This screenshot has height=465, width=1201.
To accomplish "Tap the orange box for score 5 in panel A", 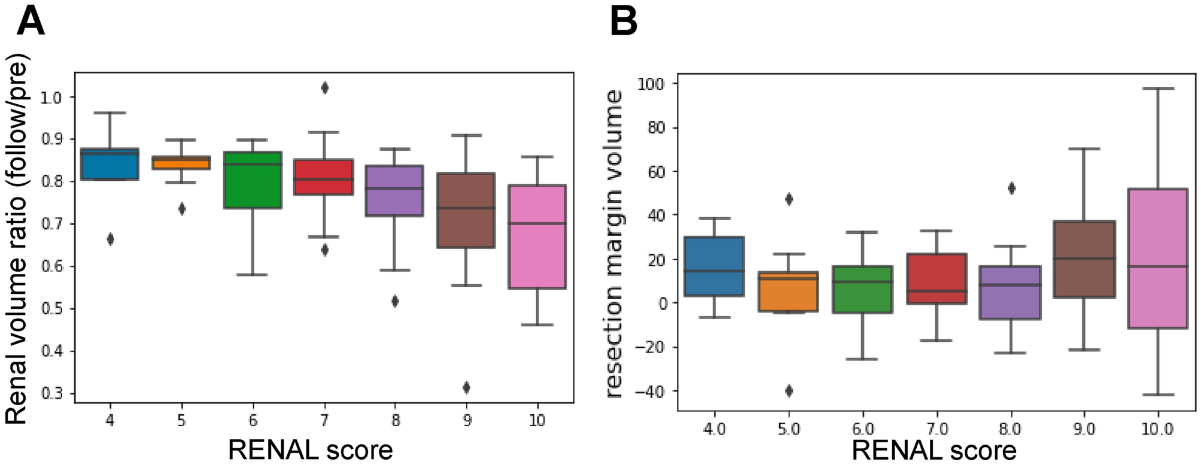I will [x=181, y=163].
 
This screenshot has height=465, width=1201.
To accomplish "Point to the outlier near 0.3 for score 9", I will [x=467, y=387].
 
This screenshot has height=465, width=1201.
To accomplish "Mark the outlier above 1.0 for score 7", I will [x=324, y=88].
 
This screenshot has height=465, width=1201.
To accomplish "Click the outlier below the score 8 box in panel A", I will [x=395, y=301].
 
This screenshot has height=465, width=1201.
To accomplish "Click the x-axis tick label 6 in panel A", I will [x=253, y=421].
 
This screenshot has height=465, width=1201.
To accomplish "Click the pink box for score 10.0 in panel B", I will [x=1157, y=259].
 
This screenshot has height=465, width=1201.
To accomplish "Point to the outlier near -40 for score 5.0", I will [x=789, y=391].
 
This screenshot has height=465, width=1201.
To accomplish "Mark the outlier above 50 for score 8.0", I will [x=1011, y=189].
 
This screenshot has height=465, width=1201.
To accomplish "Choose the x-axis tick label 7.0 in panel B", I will [x=937, y=429].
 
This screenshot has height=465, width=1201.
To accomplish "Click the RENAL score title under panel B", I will [x=934, y=451].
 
